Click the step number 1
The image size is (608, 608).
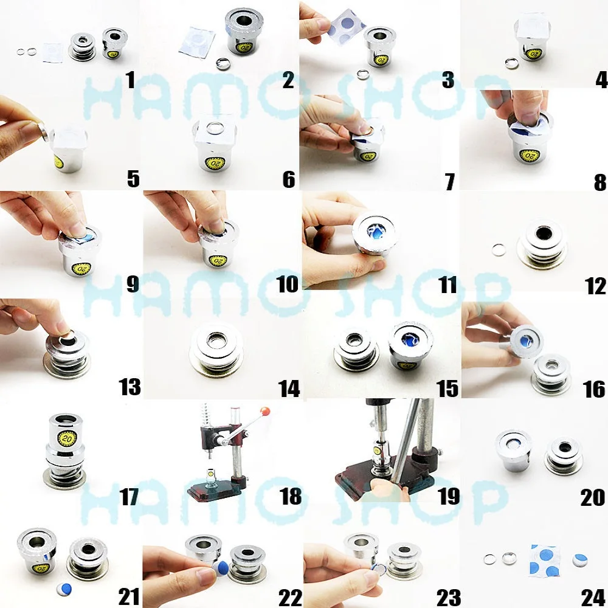point(129,79)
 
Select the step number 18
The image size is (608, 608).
point(291,496)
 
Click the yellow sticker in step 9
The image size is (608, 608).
point(81,268)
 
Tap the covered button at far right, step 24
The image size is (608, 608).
point(581,559)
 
